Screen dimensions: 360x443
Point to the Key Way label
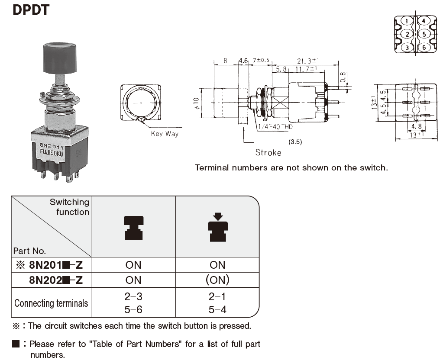coord(165,134)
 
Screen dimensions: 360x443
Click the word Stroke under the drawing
coord(268,152)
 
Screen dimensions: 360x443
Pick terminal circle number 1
coord(407,21)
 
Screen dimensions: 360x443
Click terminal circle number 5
coord(424,34)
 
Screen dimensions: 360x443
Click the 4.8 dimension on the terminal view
coord(416,126)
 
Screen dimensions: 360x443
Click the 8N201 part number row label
coord(55,265)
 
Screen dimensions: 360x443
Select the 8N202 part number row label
coord(55,280)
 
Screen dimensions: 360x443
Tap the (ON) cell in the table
coord(217,280)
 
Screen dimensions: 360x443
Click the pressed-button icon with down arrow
coord(218,227)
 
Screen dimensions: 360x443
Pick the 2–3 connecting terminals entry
coord(133,297)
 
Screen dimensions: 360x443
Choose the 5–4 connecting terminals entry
coord(217,309)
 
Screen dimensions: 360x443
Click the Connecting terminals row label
coord(52,303)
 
